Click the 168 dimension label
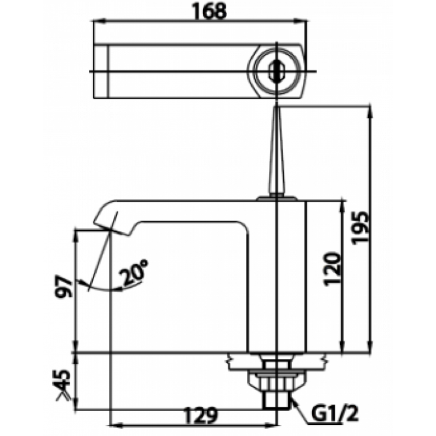point(210,12)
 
